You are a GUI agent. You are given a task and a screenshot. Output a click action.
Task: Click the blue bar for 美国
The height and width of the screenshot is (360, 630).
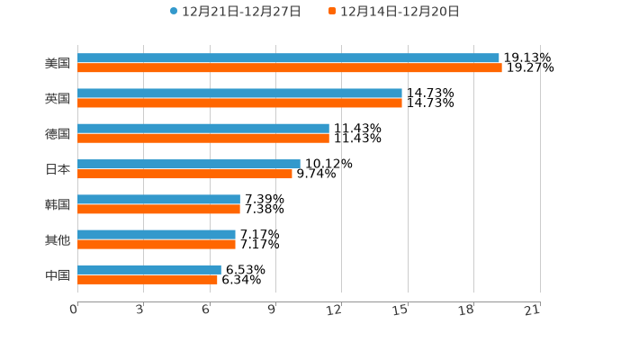[x=288, y=58]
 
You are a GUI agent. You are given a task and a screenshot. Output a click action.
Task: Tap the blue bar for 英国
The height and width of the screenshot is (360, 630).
[x=239, y=94]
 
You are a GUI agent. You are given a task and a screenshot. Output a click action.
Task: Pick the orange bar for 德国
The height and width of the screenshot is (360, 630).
[x=203, y=138]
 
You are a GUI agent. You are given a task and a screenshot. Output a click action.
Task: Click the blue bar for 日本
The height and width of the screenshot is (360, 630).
[x=189, y=164]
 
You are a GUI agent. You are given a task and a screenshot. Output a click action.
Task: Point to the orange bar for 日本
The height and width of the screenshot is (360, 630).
[x=184, y=174]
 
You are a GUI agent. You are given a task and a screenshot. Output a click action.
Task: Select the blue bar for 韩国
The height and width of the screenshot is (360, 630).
[x=158, y=199]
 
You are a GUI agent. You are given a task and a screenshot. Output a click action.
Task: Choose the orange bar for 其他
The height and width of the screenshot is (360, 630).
[x=157, y=244]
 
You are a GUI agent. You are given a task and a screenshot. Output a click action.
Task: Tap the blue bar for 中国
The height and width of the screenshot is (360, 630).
[x=149, y=269]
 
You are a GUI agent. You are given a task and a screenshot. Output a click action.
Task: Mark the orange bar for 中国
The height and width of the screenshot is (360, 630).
[x=148, y=279]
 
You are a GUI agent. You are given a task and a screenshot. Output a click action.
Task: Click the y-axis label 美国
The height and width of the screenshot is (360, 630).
[x=58, y=63]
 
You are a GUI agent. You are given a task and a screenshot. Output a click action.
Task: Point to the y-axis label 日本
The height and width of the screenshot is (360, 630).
[x=58, y=169]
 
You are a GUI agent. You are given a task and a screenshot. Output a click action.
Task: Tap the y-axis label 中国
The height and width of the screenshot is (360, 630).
[x=58, y=274]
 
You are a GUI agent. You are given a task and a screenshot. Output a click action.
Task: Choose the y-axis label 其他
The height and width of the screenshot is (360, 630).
[x=58, y=239]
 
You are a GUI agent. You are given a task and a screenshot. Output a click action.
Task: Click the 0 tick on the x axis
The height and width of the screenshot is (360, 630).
[x=75, y=310]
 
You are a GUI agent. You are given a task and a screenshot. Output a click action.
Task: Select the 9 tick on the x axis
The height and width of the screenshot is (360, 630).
[x=273, y=310]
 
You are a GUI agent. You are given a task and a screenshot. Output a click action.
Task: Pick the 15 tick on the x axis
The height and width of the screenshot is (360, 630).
[x=401, y=310]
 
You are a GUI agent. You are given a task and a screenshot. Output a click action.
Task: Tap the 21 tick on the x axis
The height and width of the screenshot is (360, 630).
[x=533, y=310]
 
